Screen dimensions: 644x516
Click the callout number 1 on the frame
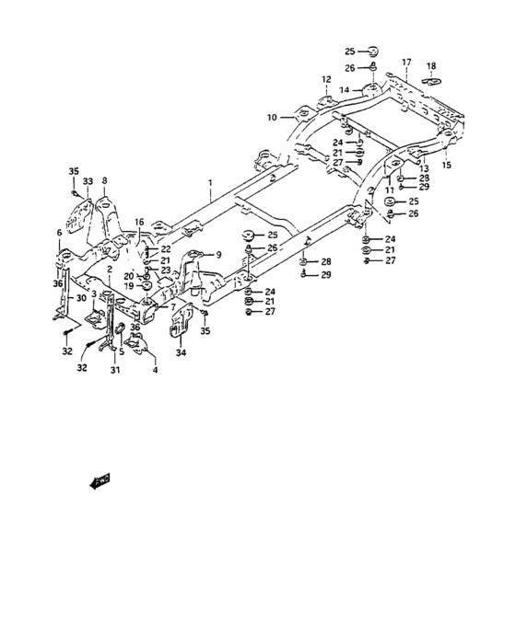(x=211, y=184)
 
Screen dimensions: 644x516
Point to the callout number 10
(x=272, y=118)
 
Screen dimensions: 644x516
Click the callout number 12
(x=325, y=81)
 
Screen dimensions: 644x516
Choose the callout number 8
(x=104, y=180)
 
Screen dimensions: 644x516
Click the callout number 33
(x=88, y=182)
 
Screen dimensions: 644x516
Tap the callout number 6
(x=59, y=234)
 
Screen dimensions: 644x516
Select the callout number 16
(x=139, y=222)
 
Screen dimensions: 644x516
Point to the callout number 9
(x=218, y=254)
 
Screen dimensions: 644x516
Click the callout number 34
(x=181, y=352)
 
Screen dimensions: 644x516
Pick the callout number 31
(x=114, y=371)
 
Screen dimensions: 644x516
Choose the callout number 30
(x=82, y=298)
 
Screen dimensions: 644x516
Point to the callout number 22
(x=167, y=249)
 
